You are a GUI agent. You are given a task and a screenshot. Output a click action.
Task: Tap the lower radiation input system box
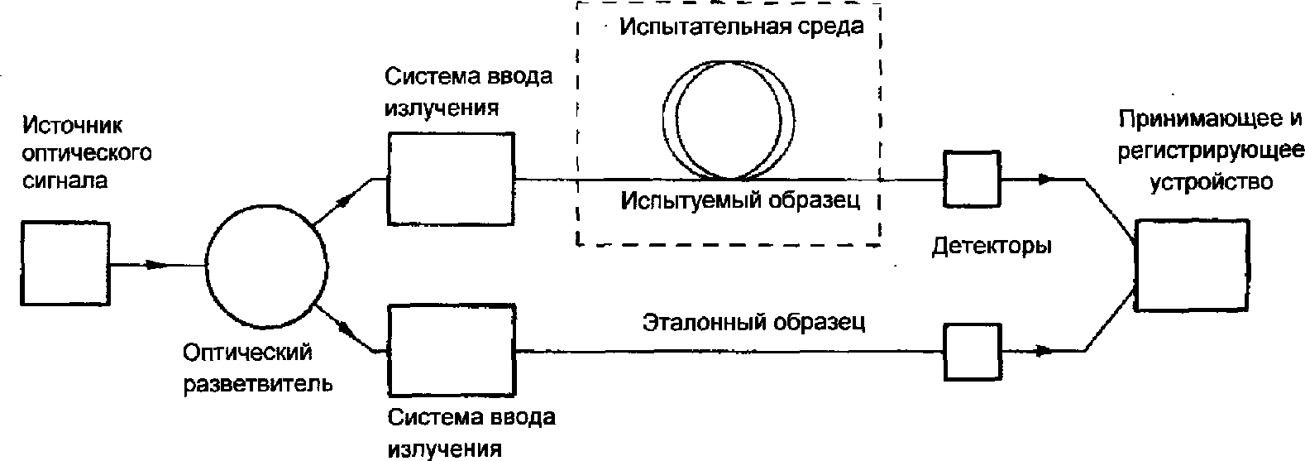[451, 351]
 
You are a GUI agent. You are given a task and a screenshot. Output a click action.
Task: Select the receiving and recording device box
[1191, 265]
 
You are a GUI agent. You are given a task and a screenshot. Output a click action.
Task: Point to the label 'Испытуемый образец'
[741, 200]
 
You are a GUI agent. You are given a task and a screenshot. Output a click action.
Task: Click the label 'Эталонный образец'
[753, 322]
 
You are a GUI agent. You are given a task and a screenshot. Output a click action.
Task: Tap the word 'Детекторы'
[992, 246]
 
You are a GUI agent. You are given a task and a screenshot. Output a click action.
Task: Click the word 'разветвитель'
[257, 384]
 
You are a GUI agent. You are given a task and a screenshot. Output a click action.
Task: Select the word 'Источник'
[73, 126]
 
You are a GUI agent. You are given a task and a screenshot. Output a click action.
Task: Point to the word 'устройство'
[1212, 181]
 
